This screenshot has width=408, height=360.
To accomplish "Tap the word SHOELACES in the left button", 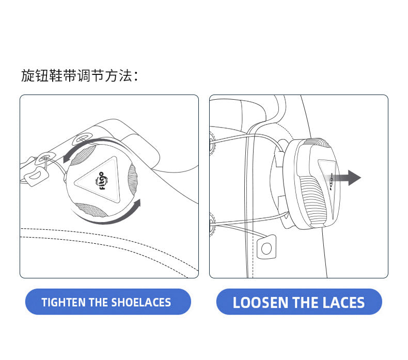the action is click(141, 302).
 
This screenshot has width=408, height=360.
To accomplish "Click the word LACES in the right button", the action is click(343, 303).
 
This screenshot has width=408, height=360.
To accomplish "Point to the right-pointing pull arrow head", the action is click(354, 178).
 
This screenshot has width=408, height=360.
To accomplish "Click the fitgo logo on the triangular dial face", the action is click(101, 181).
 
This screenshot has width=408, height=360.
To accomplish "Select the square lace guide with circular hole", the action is click(266, 247).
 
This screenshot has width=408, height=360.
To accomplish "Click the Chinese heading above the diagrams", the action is click(80, 76).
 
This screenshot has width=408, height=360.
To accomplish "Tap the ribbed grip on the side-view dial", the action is click(313, 200).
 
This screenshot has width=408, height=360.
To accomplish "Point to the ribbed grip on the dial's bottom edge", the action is click(90, 210).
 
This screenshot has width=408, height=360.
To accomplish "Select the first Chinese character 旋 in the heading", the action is click(27, 76).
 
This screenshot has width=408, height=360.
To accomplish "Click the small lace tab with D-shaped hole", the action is click(37, 176).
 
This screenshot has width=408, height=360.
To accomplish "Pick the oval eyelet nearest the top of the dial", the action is click(82, 138).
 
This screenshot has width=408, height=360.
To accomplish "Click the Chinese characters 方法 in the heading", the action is click(119, 76).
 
